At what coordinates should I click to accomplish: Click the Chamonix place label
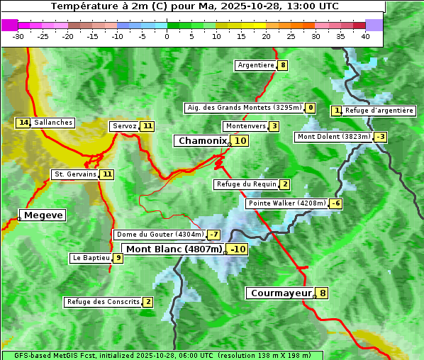pos(202,141)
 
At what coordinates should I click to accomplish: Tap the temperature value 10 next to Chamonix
pos(241,141)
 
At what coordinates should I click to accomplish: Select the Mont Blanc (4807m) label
pos(174,249)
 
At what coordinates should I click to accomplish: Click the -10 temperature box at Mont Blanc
pos(238,249)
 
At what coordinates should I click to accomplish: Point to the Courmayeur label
pos(281,293)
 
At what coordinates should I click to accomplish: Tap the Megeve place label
pos(43,215)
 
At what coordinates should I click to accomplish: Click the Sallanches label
pos(53,123)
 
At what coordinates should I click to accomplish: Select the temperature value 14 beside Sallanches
pos(23,123)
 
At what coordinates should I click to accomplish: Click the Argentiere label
pos(256,65)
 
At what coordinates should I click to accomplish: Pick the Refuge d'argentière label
pos(379,111)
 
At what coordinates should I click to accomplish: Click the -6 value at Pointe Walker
pos(336,203)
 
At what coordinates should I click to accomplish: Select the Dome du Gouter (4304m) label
pos(160,235)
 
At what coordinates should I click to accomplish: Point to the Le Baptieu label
pos(91,258)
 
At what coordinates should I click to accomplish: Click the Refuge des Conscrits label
pos(103,302)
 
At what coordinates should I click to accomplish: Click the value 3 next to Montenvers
pos(274,126)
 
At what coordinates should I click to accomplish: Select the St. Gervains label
pos(75,174)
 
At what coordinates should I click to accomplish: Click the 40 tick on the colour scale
pos(365,35)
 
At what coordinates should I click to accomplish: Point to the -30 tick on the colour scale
pos(18,35)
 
